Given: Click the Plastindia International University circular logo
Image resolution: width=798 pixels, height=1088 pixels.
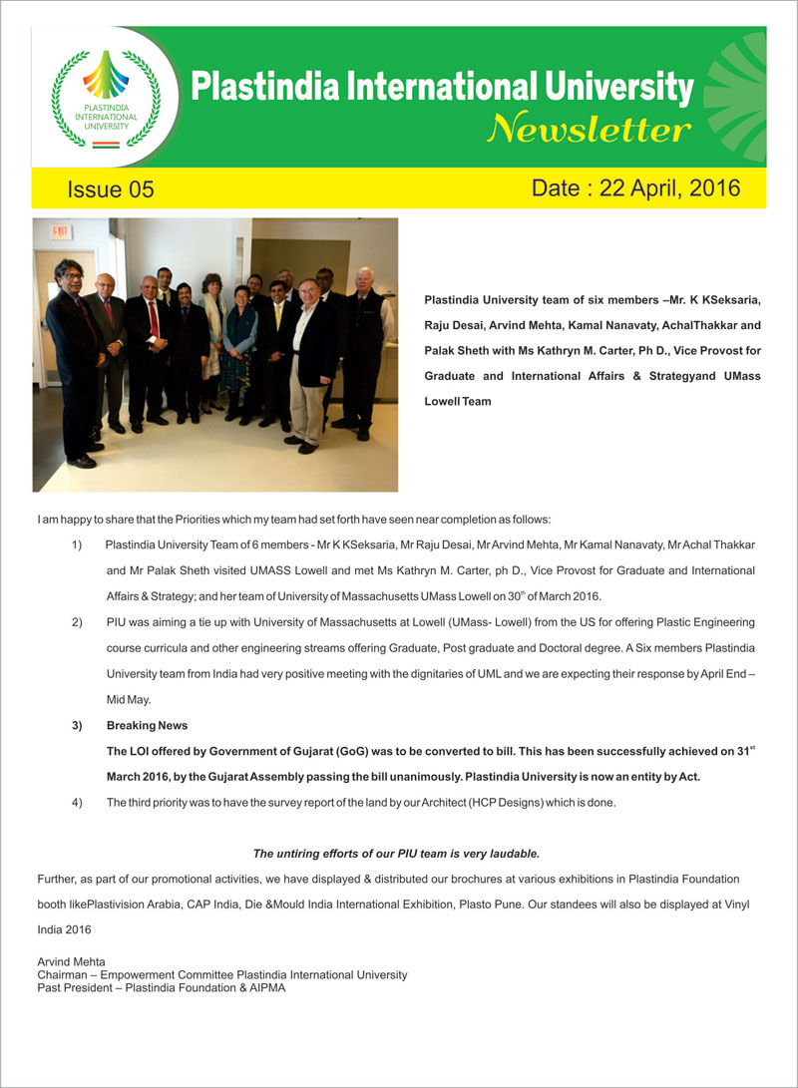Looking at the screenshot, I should click(x=98, y=97).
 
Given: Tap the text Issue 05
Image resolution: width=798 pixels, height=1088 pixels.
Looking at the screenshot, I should click(x=111, y=189).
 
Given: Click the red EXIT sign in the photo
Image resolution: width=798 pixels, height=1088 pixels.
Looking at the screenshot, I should click(x=63, y=231).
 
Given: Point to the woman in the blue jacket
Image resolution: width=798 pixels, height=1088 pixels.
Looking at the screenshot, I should click(x=239, y=344).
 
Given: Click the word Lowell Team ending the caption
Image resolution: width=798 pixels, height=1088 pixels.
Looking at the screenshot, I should click(x=457, y=401).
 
